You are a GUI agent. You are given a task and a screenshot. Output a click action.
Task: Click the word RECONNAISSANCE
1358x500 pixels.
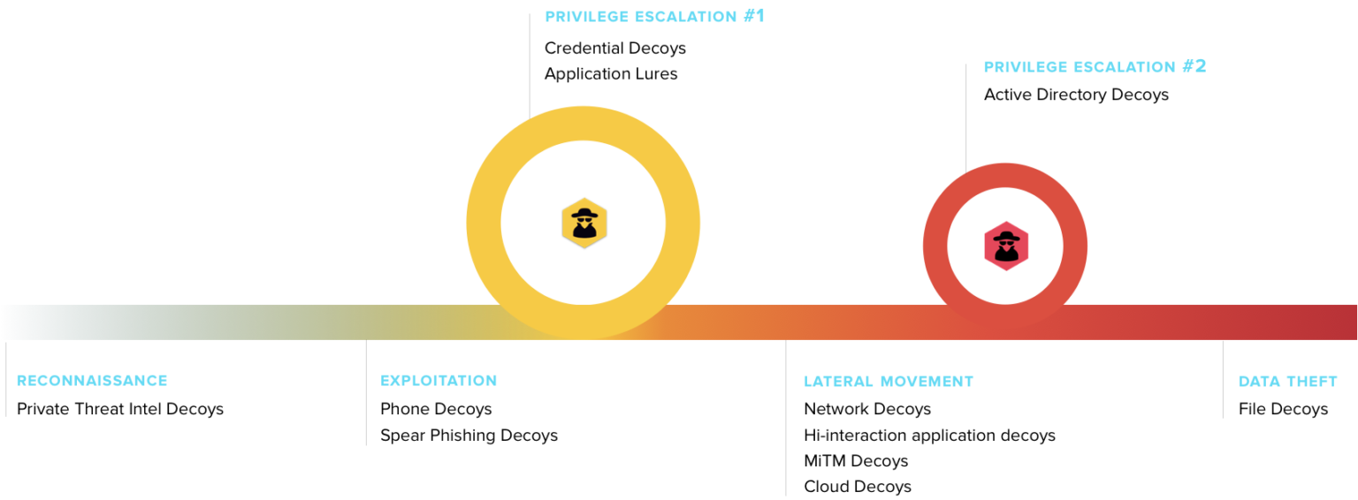92,381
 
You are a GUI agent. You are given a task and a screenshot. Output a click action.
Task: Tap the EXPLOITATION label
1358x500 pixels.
439,381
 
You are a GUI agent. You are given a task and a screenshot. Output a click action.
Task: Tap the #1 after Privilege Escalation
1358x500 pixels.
753,16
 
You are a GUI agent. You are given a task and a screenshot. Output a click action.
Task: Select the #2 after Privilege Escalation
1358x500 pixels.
1194,66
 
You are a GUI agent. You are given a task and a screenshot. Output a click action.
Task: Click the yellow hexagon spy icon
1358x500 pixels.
584,223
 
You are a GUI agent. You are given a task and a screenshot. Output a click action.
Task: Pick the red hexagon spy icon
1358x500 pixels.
1006,245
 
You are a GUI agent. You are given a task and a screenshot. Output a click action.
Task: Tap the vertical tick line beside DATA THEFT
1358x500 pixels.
1223,380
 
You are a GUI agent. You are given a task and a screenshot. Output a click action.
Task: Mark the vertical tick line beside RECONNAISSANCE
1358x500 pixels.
6,380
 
